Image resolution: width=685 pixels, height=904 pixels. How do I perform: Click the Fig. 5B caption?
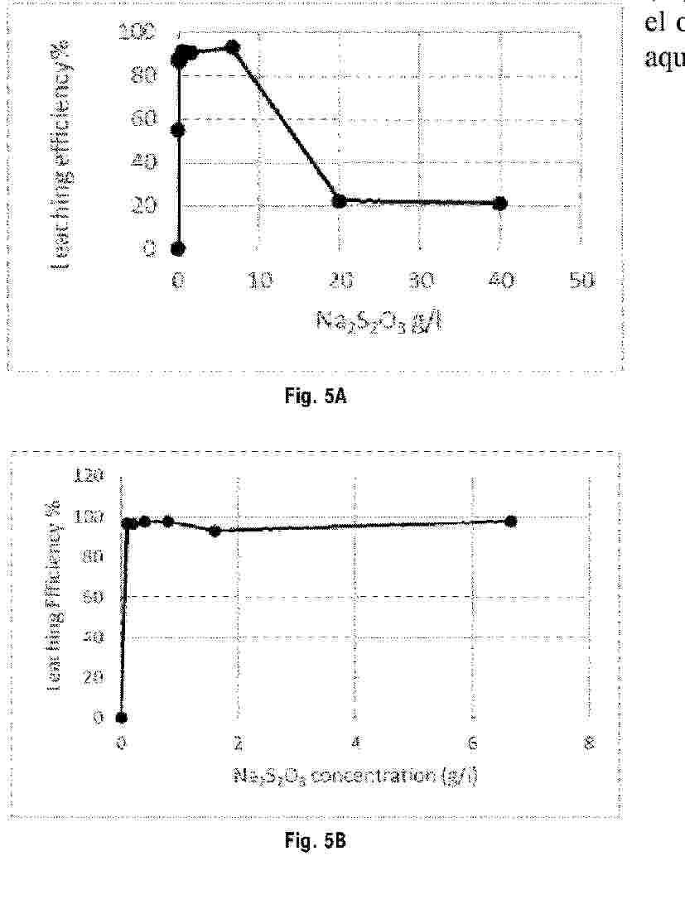[x=316, y=842]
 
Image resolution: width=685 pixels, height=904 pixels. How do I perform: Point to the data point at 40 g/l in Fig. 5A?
[x=499, y=203]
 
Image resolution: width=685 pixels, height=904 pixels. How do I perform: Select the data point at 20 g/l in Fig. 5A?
[x=339, y=201]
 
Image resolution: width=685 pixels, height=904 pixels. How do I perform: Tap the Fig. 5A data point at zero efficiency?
[x=178, y=248]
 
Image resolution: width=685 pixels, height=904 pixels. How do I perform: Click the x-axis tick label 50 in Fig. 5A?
[x=580, y=281]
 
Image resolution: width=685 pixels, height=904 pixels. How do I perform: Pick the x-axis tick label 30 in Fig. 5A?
[x=419, y=281]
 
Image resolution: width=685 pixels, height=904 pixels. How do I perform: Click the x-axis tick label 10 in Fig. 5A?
[x=258, y=281]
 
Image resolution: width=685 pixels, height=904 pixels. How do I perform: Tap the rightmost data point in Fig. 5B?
[x=511, y=521]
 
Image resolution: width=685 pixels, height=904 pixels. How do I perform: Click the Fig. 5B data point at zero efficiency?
[x=122, y=718]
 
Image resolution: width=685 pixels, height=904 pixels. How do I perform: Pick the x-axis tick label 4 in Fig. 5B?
[x=355, y=743]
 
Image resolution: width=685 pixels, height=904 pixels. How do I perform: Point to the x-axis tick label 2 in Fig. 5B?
[x=239, y=743]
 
